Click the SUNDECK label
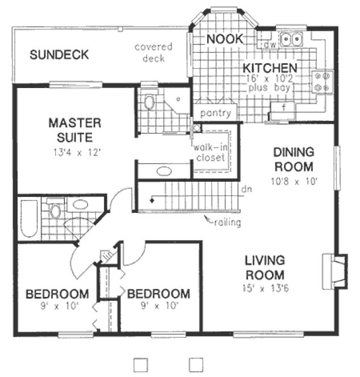pyautogui.click(x=59, y=55)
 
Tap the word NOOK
pyautogui.click(x=224, y=39)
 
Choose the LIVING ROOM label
pyautogui.click(x=265, y=268)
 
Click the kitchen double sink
pyautogui.click(x=292, y=39)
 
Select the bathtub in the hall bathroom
pyautogui.click(x=29, y=217)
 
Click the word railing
pyautogui.click(x=227, y=222)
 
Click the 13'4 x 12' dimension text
pyautogui.click(x=74, y=152)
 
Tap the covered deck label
pyautogui.click(x=153, y=52)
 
